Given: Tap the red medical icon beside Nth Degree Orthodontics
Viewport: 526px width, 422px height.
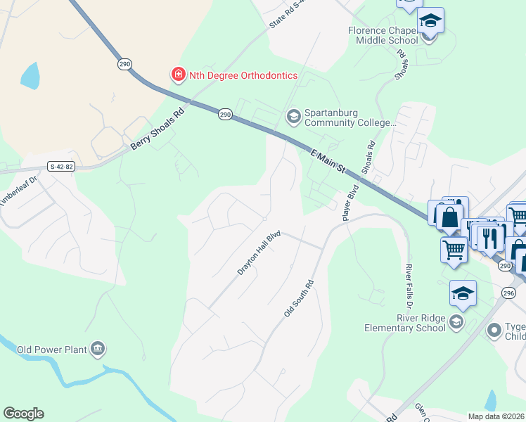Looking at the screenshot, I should (178, 75).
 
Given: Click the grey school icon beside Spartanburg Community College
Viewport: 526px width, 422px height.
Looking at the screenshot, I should (293, 115).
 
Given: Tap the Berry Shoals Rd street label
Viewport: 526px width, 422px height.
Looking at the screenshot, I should (157, 129).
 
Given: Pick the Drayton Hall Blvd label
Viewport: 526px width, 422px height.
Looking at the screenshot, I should (259, 253).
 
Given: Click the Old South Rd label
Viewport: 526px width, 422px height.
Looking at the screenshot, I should (298, 298).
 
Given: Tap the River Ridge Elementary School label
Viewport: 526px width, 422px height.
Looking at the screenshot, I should (405, 323).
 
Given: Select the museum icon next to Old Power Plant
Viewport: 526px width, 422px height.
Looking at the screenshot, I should (98, 348).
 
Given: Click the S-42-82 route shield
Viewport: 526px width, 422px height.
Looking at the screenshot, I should (61, 167).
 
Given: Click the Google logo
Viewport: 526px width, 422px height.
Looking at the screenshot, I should (23, 414).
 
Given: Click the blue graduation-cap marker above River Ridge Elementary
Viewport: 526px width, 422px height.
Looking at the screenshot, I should (463, 293).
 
